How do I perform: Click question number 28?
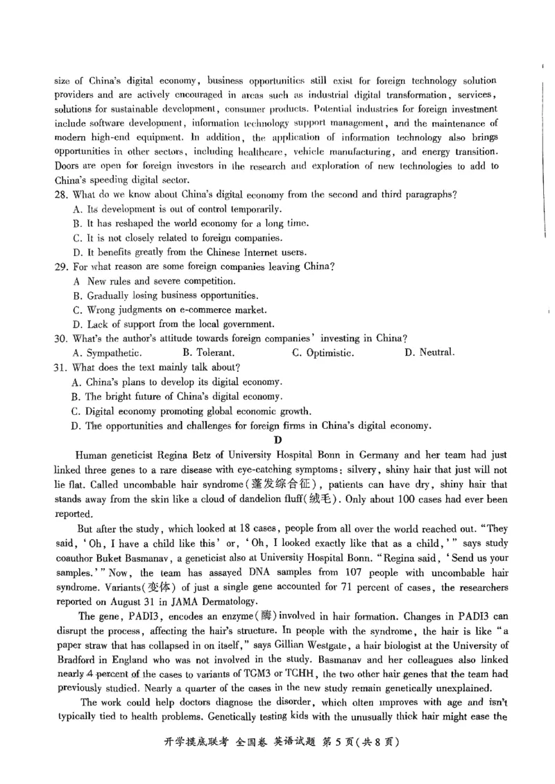(60, 194)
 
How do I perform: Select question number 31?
(60, 367)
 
